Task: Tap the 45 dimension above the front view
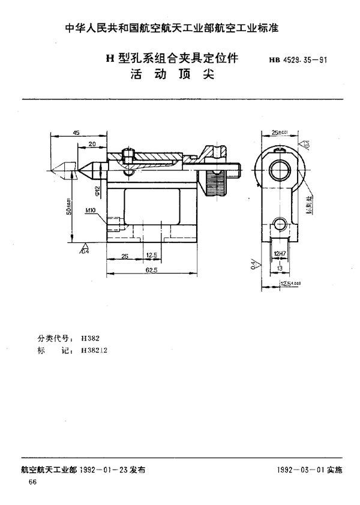pos(76,133)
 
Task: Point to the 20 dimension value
pos(92,144)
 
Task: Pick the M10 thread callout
pos(91,211)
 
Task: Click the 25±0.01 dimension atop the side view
pos(279,132)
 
